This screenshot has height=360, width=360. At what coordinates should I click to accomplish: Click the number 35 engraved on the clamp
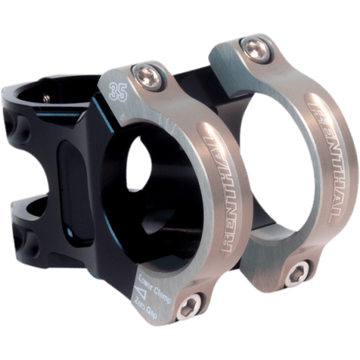click(120, 88)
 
